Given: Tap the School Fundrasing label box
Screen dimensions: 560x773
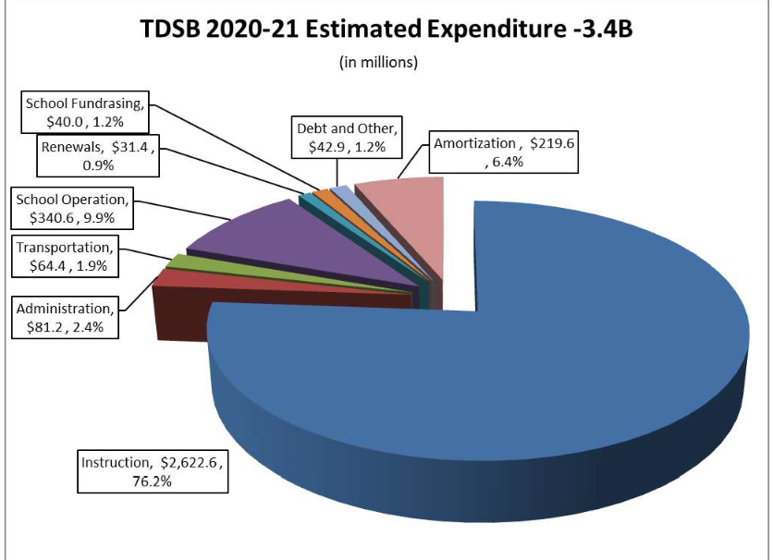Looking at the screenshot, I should click(84, 114).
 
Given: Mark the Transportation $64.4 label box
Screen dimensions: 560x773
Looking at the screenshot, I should click(67, 257).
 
